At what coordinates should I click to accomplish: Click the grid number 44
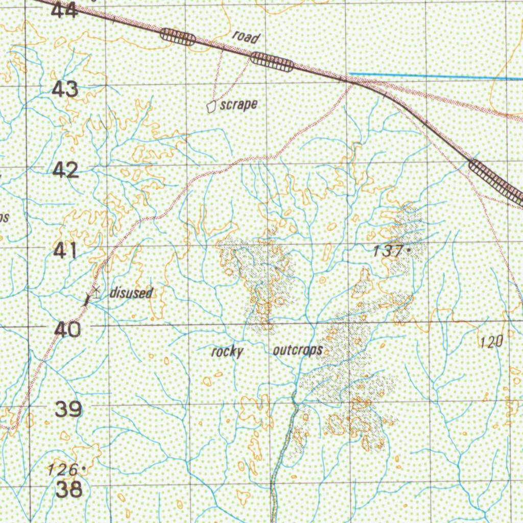tap(65, 10)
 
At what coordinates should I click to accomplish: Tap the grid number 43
tap(65, 89)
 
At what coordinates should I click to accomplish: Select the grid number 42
tap(66, 170)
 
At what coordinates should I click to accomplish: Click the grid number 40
tap(67, 329)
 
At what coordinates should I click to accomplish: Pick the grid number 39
tap(68, 409)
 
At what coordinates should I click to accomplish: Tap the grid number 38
tap(68, 489)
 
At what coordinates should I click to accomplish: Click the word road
tap(246, 37)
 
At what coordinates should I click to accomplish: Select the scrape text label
tap(238, 105)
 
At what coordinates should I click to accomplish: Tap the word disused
tap(131, 293)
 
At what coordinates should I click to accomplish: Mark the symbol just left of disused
tap(96, 292)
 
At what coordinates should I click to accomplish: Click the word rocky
tap(227, 351)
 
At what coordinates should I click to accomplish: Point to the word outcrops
tap(298, 350)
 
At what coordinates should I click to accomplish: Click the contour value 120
tap(492, 342)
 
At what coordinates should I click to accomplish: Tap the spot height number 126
tap(63, 468)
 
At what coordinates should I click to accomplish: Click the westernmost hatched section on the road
tap(177, 37)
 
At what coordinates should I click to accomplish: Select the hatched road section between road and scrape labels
tap(272, 62)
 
